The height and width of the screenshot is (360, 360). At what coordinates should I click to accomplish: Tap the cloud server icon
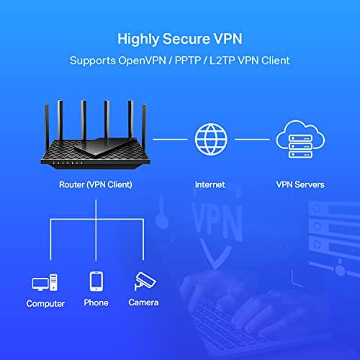coord(300,139)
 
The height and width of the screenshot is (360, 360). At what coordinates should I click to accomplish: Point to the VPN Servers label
coord(300,184)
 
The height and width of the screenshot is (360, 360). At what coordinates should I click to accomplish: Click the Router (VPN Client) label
coord(96,184)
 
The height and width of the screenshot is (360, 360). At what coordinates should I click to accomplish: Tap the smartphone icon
coord(96,281)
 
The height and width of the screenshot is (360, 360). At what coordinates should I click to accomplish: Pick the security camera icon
coord(143,281)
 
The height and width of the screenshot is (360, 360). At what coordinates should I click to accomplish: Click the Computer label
coord(45,304)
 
